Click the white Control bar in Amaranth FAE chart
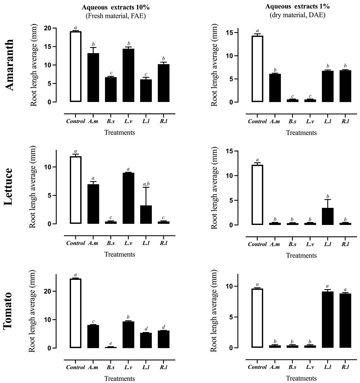(x=76, y=67)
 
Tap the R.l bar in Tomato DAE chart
(x=345, y=320)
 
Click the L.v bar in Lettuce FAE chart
(x=128, y=198)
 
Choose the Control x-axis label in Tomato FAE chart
(x=76, y=367)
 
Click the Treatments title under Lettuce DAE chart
(x=301, y=256)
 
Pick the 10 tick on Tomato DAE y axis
(x=230, y=286)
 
